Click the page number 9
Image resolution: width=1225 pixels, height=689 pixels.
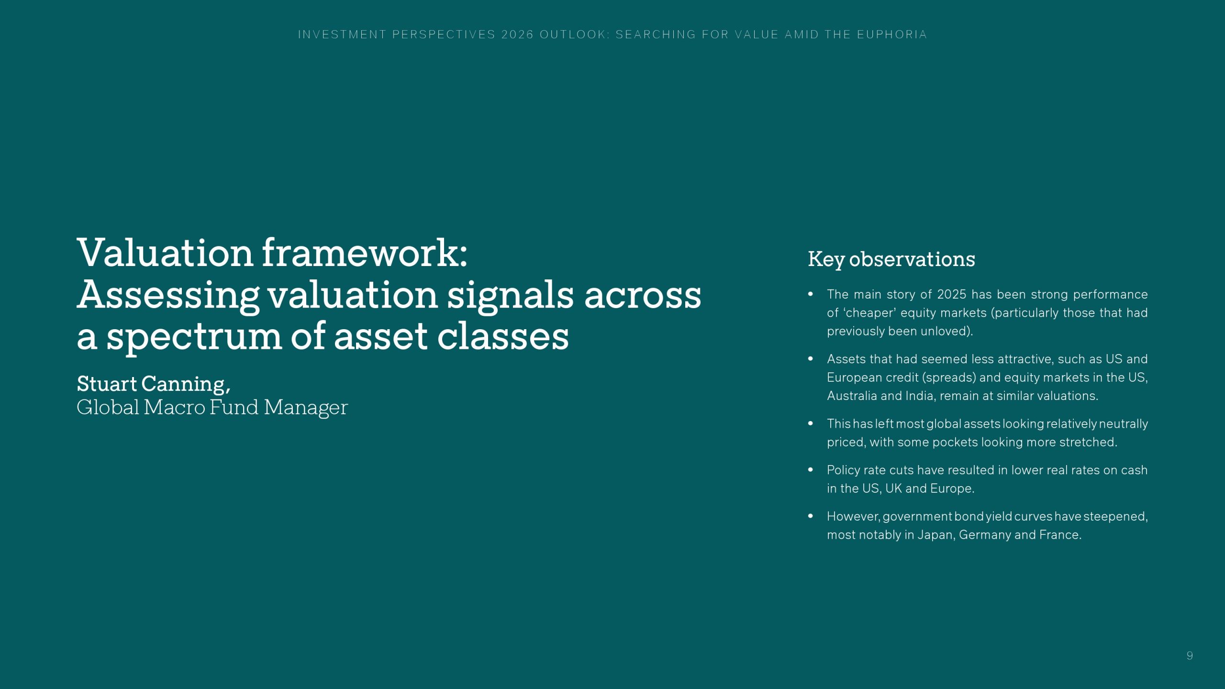(x=1190, y=656)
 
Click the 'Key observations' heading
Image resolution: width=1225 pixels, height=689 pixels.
(x=891, y=259)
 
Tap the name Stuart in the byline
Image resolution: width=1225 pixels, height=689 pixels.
(x=107, y=384)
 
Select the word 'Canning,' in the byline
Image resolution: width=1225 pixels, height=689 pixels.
(x=186, y=384)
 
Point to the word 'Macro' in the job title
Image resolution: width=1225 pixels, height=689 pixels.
(x=175, y=407)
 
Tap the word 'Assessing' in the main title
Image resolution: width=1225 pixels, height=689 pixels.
(x=168, y=296)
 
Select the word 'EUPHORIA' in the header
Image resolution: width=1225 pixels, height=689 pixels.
(x=892, y=34)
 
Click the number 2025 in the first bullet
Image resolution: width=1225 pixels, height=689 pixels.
(x=951, y=294)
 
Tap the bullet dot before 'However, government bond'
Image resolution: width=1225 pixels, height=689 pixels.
(x=811, y=516)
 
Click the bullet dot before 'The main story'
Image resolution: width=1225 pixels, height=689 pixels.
(x=811, y=294)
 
